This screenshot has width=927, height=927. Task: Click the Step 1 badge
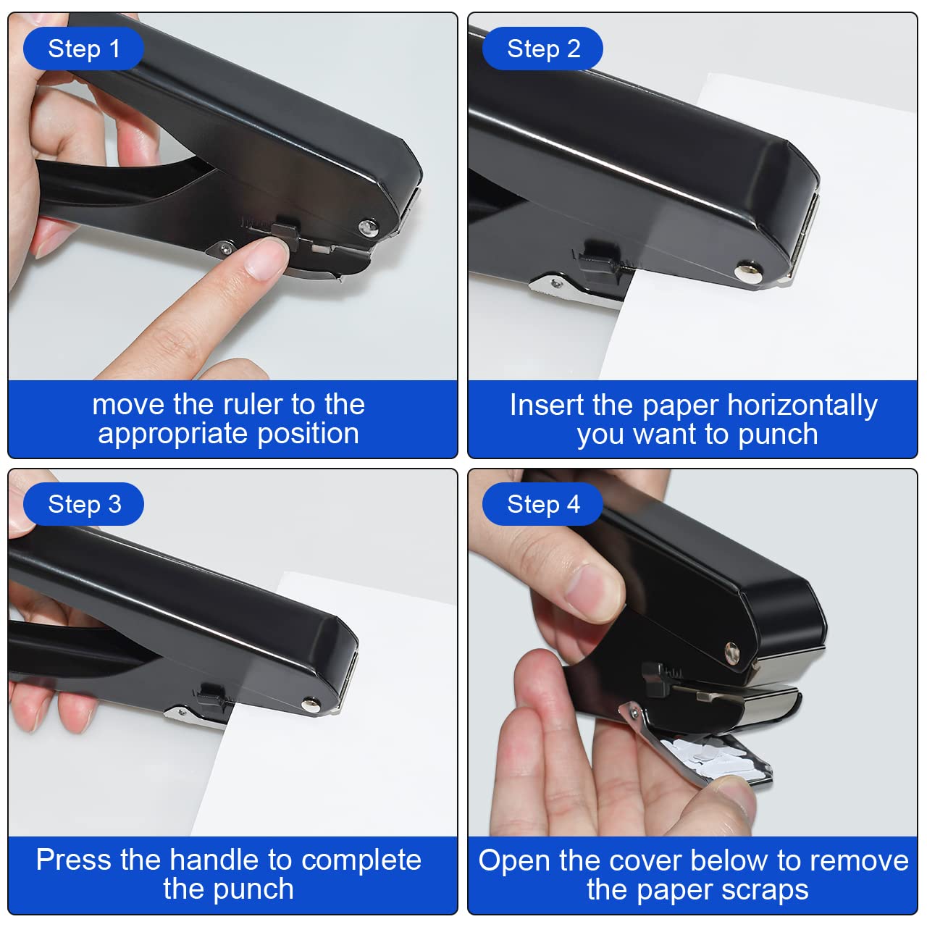click(83, 49)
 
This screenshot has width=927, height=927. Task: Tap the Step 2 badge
click(543, 49)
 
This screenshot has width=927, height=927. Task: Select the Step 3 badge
click(84, 504)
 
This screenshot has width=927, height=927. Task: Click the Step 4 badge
click(543, 504)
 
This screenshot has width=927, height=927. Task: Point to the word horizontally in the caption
click(802, 405)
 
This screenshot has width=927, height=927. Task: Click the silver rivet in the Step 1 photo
click(368, 228)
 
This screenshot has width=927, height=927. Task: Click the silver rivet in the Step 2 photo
click(745, 273)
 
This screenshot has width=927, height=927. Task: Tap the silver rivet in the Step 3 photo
click(311, 702)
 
